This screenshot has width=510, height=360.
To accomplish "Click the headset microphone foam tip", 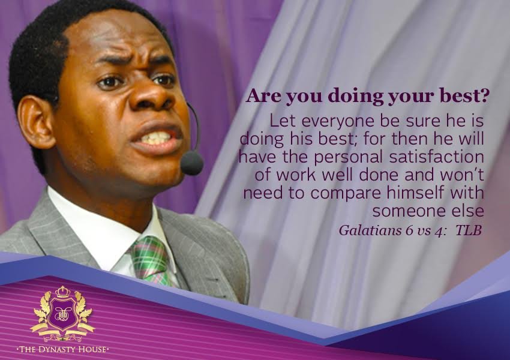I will pos(192,162).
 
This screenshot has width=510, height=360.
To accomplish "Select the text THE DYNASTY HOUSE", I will pos(62,349).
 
